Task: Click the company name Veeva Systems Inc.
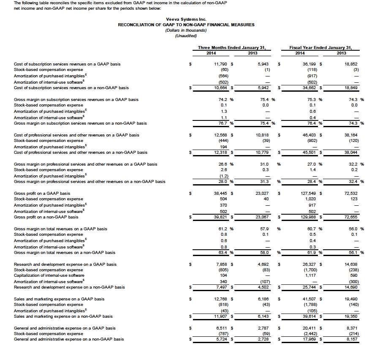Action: [186, 19]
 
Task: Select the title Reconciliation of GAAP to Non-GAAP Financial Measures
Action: [186, 25]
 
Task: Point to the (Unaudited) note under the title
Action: [186, 36]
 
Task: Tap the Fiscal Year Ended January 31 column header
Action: [320, 48]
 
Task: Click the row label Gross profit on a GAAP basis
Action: [42, 194]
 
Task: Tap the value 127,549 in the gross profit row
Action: [309, 194]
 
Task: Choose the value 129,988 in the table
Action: [309, 217]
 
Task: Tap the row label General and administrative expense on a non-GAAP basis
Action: [69, 339]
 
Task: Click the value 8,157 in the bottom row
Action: [350, 339]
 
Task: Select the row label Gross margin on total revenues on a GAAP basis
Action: [60, 229]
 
